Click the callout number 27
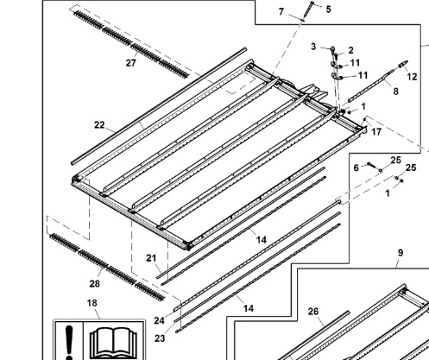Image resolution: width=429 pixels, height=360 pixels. tap(131, 63)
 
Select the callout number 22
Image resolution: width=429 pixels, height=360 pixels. tap(99, 125)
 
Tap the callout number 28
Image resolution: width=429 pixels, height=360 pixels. tap(95, 284)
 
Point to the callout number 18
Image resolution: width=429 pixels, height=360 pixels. tap(92, 303)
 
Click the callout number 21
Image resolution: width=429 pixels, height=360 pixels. tap(151, 258)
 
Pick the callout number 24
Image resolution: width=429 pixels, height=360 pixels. tap(159, 320)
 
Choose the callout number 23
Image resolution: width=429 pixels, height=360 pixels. tap(160, 338)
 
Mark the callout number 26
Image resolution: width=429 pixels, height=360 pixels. tap(313, 312)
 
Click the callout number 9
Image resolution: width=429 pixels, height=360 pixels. tap(401, 253)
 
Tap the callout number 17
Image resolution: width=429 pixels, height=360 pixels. tap(376, 132)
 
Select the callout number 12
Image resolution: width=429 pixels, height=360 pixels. tap(412, 77)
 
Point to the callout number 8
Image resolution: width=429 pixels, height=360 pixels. tap(396, 92)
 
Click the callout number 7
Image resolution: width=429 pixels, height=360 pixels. tap(281, 11)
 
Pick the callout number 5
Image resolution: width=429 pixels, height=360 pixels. tap(329, 9)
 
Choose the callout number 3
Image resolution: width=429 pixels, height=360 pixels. tap(313, 47)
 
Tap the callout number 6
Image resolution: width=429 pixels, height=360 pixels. tap(356, 167)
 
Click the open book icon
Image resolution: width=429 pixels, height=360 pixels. tap(113, 341)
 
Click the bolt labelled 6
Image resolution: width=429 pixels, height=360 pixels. tap(372, 166)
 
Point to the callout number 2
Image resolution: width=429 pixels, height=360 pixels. tap(350, 50)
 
